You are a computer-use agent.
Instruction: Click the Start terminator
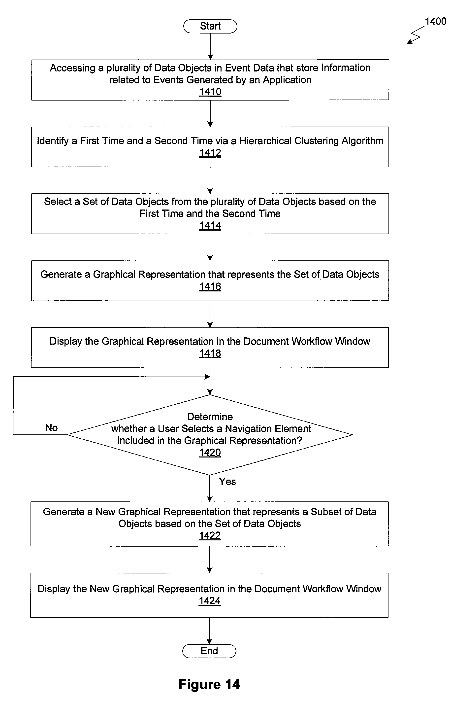[210, 26]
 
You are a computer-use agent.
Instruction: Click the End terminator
[209, 651]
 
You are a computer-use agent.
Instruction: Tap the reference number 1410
[210, 92]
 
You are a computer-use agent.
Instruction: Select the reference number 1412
[210, 153]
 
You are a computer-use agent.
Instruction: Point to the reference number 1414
[210, 225]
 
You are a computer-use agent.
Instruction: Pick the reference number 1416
[210, 286]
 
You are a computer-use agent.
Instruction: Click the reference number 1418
[210, 353]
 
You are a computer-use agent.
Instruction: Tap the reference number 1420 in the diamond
[210, 452]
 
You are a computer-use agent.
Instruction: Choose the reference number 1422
[210, 535]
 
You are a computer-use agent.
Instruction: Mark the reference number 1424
[210, 600]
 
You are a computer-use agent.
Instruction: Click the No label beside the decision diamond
[51, 427]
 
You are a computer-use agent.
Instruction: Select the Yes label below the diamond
[227, 481]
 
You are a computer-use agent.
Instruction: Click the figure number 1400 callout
[435, 21]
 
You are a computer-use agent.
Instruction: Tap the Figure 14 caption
[209, 684]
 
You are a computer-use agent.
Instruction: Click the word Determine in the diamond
[210, 416]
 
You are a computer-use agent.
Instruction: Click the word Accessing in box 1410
[72, 68]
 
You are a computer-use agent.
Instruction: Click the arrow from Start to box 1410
[210, 46]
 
